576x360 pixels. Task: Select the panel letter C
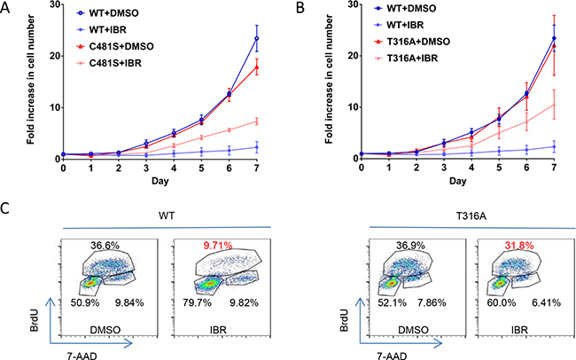pyautogui.click(x=7, y=210)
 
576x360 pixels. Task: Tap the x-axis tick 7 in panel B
pyautogui.click(x=554, y=168)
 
